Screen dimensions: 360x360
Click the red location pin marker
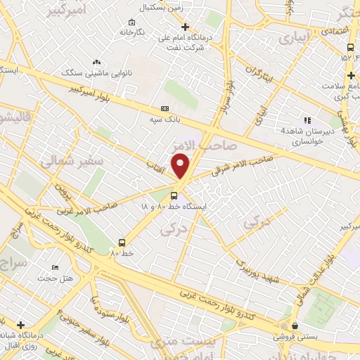click(x=181, y=165)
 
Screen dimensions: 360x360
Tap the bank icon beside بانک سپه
click(x=165, y=108)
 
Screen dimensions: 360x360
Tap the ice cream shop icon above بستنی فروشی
click(x=294, y=326)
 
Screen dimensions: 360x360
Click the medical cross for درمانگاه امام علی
click(x=185, y=27)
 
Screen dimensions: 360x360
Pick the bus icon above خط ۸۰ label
click(x=123, y=240)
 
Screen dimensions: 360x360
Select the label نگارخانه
click(x=131, y=32)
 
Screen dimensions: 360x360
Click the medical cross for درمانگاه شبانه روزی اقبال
click(x=20, y=325)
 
